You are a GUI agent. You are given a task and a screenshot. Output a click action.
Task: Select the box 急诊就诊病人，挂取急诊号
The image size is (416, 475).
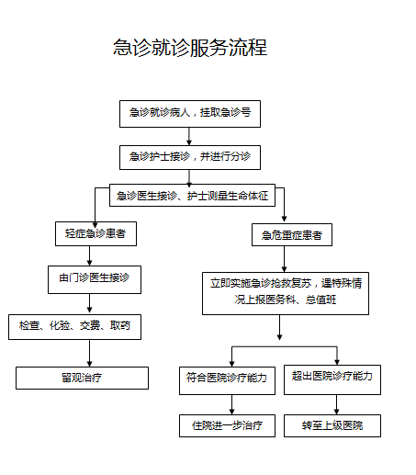click(x=190, y=113)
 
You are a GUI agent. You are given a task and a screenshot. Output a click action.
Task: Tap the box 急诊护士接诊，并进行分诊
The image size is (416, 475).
click(x=190, y=157)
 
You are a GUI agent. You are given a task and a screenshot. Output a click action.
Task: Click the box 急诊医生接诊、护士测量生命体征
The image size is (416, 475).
click(x=191, y=196)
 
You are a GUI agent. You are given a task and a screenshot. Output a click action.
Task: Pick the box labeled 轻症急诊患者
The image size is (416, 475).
click(x=96, y=234)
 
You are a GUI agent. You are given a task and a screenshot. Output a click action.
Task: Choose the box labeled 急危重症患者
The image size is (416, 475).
click(x=292, y=236)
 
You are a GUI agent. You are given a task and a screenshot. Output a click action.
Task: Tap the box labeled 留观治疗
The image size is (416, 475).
click(x=82, y=378)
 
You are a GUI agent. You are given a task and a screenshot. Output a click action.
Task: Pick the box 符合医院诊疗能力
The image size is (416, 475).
click(x=225, y=377)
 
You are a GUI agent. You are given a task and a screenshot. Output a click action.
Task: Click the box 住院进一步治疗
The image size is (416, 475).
click(x=227, y=425)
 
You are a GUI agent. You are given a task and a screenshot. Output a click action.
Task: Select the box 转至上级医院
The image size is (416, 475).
click(x=332, y=425)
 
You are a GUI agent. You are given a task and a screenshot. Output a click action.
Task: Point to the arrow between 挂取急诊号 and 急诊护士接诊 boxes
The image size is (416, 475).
click(x=189, y=136)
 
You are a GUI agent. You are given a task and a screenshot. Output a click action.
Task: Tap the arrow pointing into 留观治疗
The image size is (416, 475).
click(x=89, y=353)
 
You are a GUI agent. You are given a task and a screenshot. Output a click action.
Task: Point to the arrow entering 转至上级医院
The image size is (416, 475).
click(x=337, y=404)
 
